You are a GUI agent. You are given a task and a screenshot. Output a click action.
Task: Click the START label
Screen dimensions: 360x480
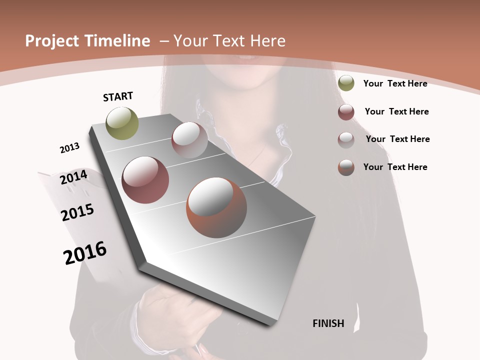click(118, 96)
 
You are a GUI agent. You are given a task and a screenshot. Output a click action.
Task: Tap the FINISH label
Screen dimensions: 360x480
click(328, 323)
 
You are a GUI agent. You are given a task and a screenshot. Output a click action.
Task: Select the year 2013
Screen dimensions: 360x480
click(69, 148)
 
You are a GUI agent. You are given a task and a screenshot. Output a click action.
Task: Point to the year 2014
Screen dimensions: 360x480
click(74, 177)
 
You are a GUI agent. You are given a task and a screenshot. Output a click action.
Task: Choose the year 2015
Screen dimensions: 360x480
click(77, 212)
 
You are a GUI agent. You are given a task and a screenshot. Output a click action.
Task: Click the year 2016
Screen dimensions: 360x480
click(85, 253)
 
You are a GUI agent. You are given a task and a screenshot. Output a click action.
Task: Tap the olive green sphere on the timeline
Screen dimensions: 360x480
click(122, 123)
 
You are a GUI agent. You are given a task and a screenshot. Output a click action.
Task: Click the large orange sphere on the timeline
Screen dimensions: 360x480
click(216, 207)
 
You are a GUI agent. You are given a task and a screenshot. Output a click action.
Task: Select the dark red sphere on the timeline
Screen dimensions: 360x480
click(145, 180)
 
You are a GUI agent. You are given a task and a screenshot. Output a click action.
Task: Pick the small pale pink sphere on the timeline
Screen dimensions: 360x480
click(189, 139)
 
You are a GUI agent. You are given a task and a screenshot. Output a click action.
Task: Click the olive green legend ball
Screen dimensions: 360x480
click(346, 83)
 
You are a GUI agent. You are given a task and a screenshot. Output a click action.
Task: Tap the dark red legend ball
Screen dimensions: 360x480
click(346, 112)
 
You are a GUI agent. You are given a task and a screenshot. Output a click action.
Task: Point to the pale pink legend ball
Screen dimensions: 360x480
click(346, 140)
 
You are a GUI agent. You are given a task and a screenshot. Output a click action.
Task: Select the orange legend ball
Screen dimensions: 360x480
click(346, 167)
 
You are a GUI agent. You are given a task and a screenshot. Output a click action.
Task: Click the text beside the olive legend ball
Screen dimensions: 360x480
click(395, 83)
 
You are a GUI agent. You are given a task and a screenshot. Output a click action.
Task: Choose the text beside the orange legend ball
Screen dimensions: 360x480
click(395, 167)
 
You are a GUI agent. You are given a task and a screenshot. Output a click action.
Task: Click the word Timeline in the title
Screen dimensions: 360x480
click(118, 41)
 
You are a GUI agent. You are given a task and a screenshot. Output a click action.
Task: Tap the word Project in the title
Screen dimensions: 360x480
click(51, 41)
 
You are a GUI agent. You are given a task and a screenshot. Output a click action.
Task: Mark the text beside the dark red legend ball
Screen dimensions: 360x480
click(396, 111)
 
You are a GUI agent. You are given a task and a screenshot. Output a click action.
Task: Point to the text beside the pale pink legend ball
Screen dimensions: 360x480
click(397, 139)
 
